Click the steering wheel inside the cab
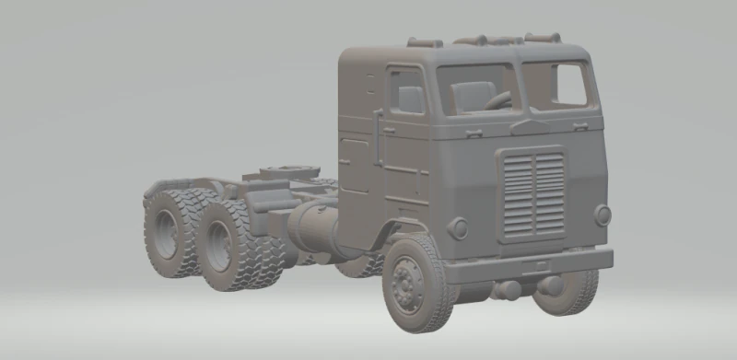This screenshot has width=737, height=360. click(x=498, y=99)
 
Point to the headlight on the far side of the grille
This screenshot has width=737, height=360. click(x=602, y=215)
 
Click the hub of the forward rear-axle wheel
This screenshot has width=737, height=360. click(x=218, y=245)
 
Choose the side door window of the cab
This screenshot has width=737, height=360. click(x=406, y=91)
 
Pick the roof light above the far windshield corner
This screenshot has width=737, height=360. click(x=543, y=38)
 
